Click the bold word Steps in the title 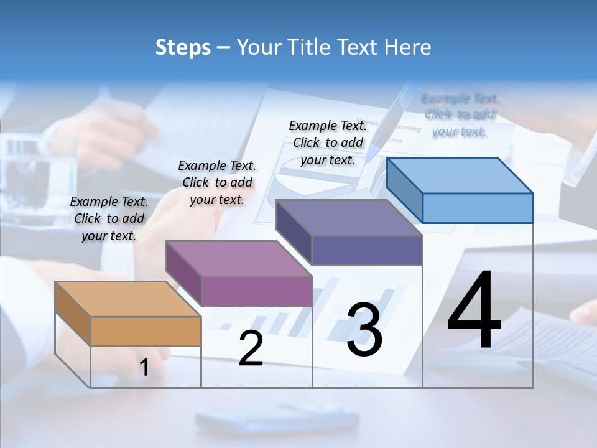pyautogui.click(x=183, y=47)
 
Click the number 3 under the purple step pyautogui.click(x=364, y=330)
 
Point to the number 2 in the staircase pyautogui.click(x=251, y=348)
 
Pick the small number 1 pyautogui.click(x=144, y=368)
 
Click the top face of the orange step pyautogui.click(x=127, y=299)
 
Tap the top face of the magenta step pyautogui.click(x=239, y=258)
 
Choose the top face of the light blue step pyautogui.click(x=460, y=175)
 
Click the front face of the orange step pyautogui.click(x=146, y=331)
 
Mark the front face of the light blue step pyautogui.click(x=478, y=208)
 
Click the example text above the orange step pyautogui.click(x=109, y=218)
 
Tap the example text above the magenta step pyautogui.click(x=217, y=182)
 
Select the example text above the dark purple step pyautogui.click(x=328, y=142)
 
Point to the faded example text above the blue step pyautogui.click(x=460, y=114)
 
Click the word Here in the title pyautogui.click(x=408, y=47)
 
